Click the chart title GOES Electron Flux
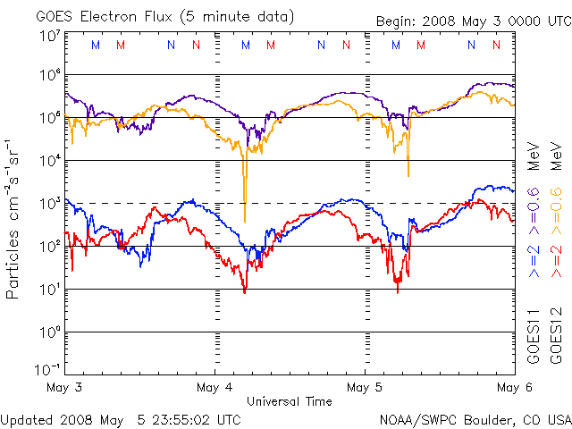(x=107, y=16)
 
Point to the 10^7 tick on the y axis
(x=47, y=35)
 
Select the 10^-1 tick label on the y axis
(x=47, y=368)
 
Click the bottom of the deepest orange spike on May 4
(x=244, y=222)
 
